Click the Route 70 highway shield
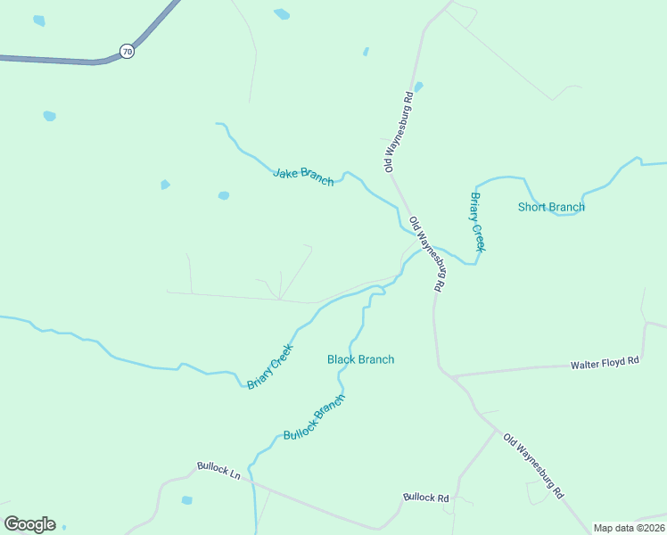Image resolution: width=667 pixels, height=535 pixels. point(128,52)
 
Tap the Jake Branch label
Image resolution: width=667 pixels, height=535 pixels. point(303,176)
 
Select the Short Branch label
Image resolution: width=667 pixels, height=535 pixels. point(551,208)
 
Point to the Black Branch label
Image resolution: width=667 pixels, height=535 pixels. point(360,359)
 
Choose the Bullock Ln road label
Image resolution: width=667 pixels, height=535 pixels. point(219,470)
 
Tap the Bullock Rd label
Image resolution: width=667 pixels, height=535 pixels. point(425,498)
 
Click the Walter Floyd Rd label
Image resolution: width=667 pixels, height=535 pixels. point(605,363)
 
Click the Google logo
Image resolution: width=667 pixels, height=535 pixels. point(29,524)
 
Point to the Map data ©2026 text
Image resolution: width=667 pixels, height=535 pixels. point(628,528)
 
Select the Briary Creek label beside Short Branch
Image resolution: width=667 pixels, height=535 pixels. point(477,221)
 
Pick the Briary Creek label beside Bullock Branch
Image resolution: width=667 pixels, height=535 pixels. point(269,367)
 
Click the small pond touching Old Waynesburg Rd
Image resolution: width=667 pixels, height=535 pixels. point(418,86)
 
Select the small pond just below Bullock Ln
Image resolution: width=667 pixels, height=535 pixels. point(186,500)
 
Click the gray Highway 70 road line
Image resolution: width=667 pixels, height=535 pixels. point(54,60)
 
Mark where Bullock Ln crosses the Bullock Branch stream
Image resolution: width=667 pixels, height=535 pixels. point(253,484)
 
